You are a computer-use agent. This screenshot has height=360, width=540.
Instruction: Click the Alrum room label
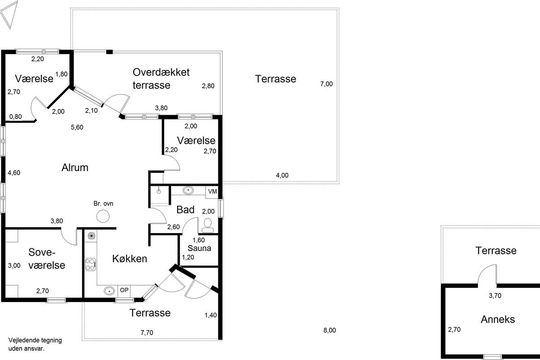click(x=75, y=168)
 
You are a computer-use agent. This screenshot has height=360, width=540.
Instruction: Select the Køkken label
click(x=130, y=259)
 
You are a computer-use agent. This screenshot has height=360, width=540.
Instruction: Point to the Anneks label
click(x=498, y=319)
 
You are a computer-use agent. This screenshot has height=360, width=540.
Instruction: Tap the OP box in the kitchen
click(x=124, y=290)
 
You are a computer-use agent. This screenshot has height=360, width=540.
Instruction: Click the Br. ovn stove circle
click(x=103, y=216)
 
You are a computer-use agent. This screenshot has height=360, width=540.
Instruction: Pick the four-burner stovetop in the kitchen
click(x=90, y=263)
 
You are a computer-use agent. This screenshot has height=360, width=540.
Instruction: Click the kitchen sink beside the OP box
click(x=109, y=290)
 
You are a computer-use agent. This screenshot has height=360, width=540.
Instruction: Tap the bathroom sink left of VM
click(x=188, y=191)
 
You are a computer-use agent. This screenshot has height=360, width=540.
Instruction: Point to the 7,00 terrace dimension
click(x=326, y=84)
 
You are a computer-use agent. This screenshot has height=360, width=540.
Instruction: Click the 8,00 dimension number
click(x=329, y=330)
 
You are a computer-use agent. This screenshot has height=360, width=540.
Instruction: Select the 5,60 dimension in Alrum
click(x=77, y=127)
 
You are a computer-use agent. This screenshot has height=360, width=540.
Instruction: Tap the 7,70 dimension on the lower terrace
click(x=148, y=333)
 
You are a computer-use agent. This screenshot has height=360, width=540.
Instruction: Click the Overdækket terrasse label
click(x=161, y=78)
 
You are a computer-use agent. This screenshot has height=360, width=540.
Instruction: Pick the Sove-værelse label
click(x=47, y=258)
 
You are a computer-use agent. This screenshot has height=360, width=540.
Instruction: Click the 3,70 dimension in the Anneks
click(x=495, y=296)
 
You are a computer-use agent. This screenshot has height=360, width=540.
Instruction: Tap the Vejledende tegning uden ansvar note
click(x=35, y=344)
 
